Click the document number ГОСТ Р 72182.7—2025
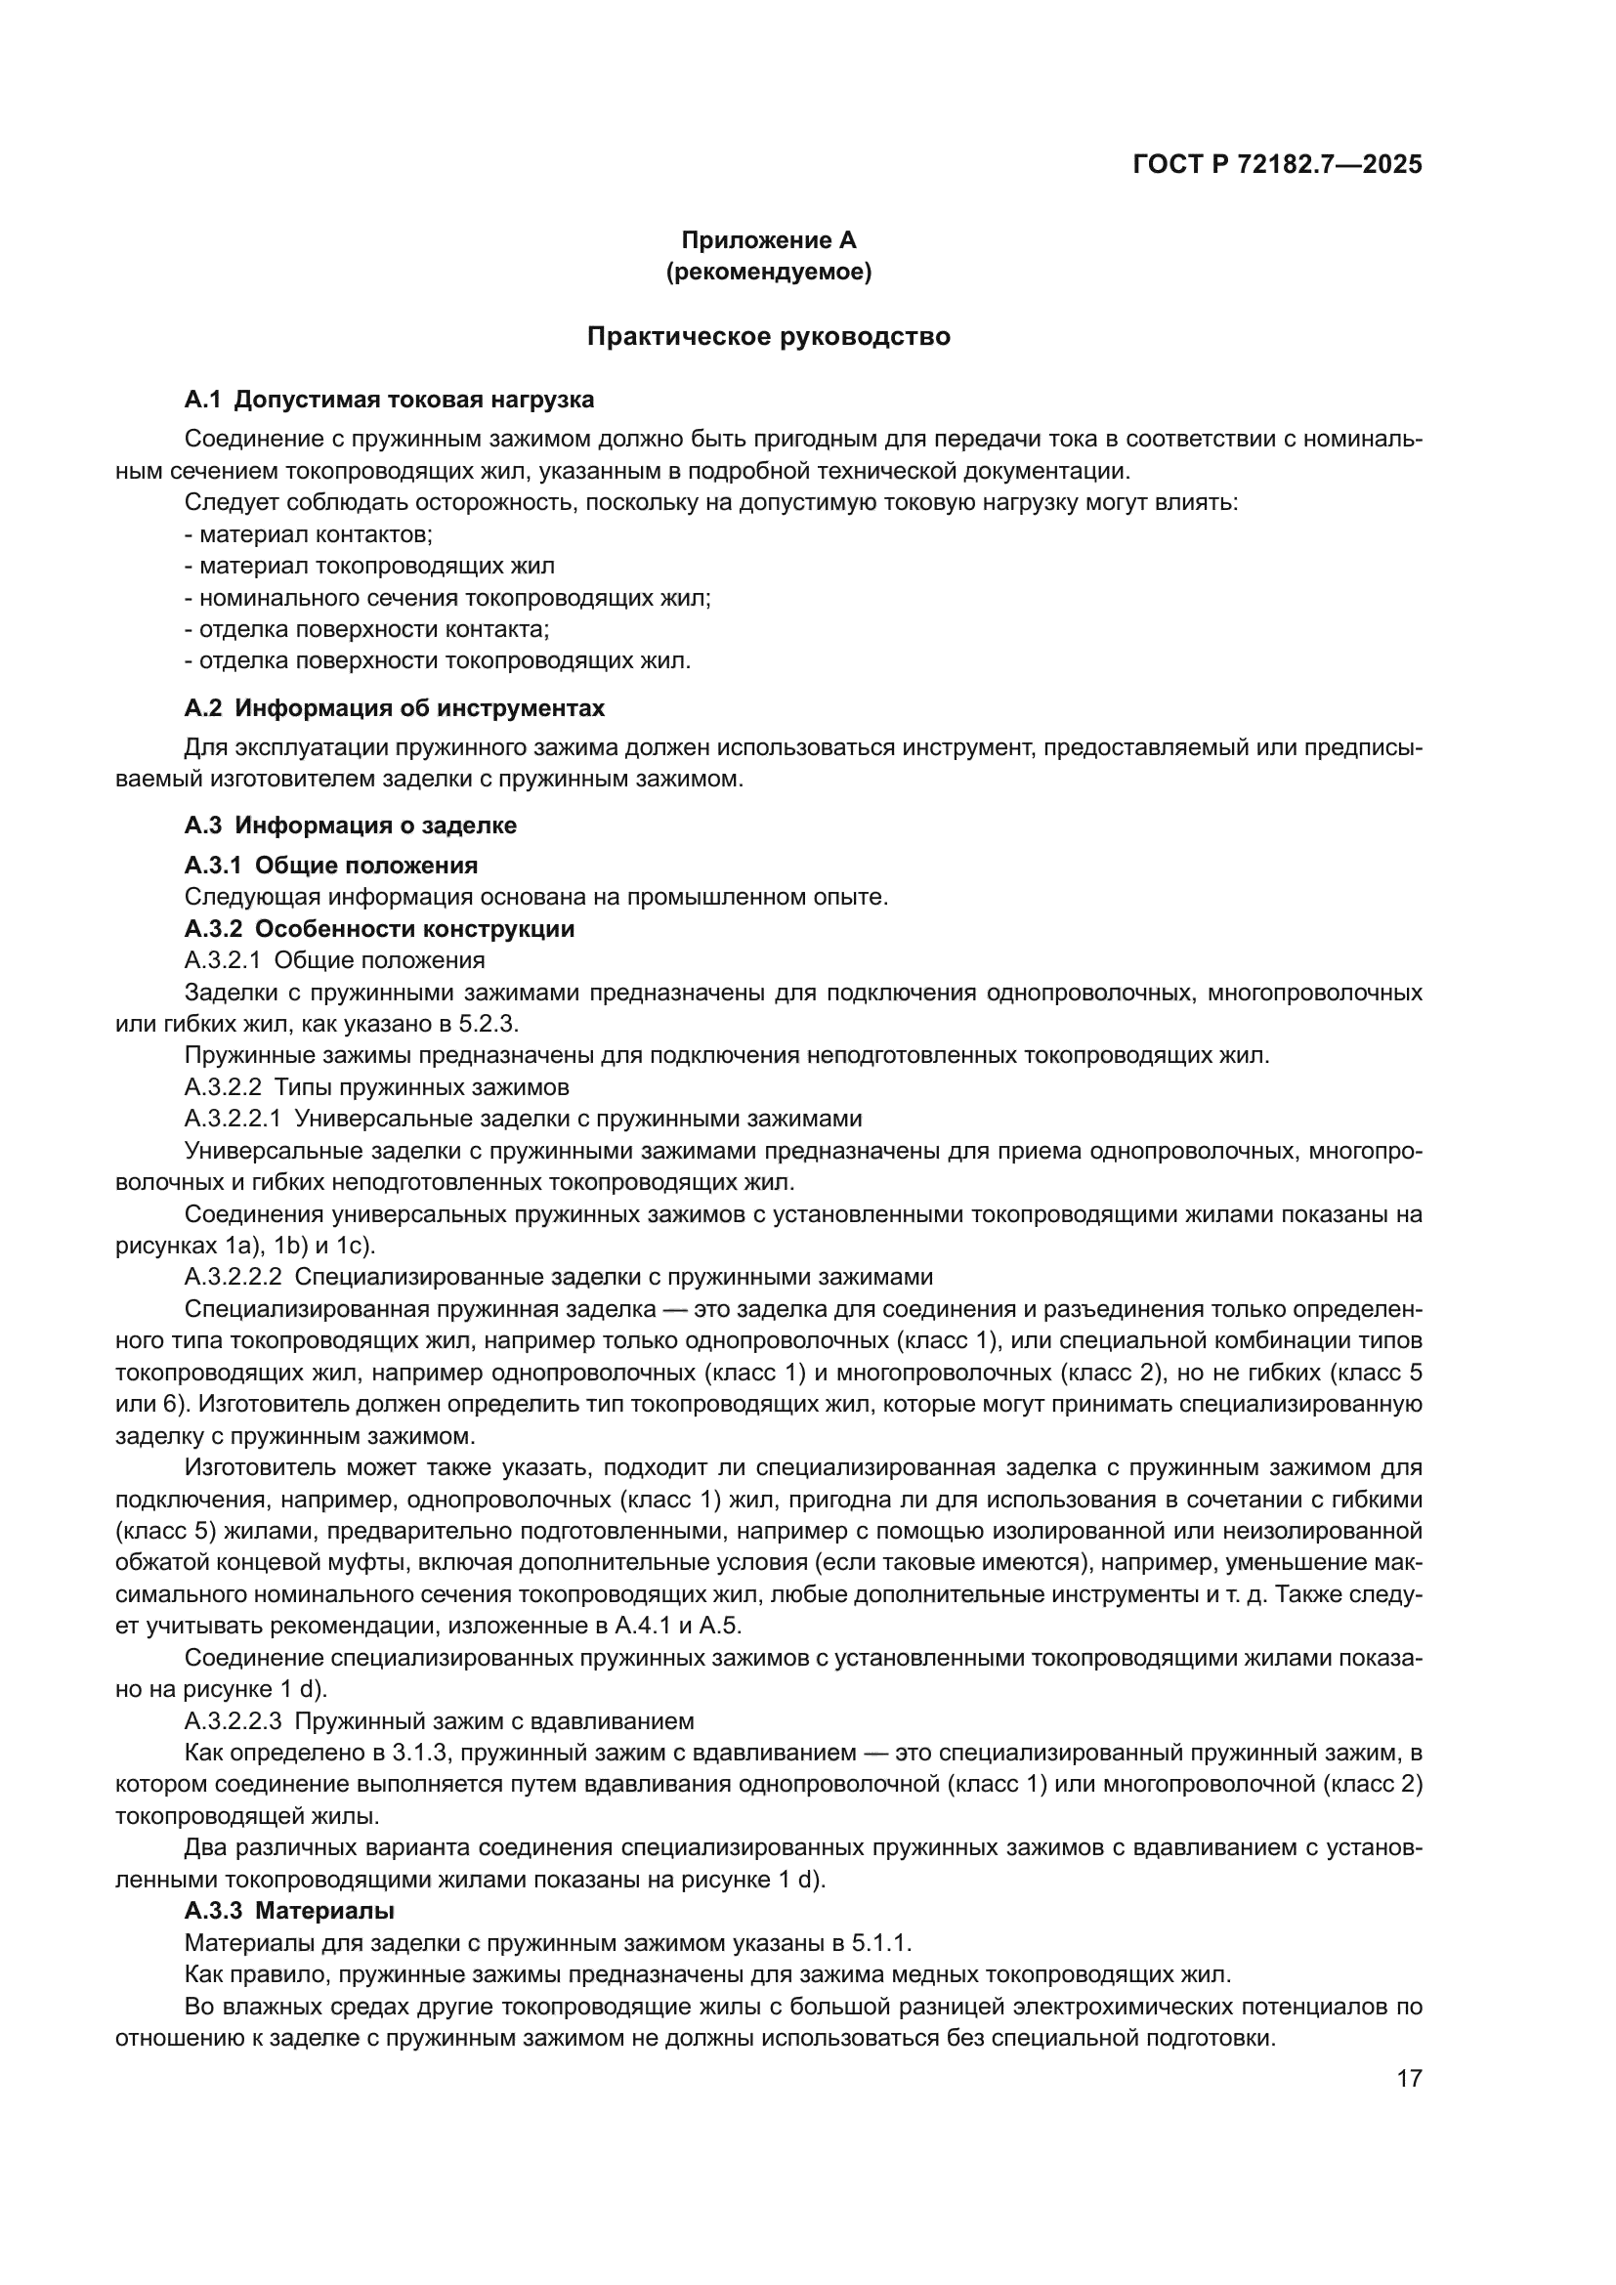(1277, 165)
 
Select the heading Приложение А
(767, 240)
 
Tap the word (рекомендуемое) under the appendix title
(767, 272)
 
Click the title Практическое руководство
(767, 336)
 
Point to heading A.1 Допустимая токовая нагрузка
(389, 401)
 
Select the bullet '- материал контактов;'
(309, 534)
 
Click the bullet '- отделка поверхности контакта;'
(367, 629)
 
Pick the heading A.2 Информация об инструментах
(394, 708)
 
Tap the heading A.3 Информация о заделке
(351, 825)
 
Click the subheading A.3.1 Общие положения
(330, 865)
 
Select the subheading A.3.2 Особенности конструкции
(379, 928)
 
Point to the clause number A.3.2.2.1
(233, 1119)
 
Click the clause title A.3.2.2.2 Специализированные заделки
(558, 1277)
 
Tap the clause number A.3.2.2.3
(233, 1720)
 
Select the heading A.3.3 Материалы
(288, 1911)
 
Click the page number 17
(1409, 2078)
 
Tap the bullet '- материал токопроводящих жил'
(370, 567)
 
